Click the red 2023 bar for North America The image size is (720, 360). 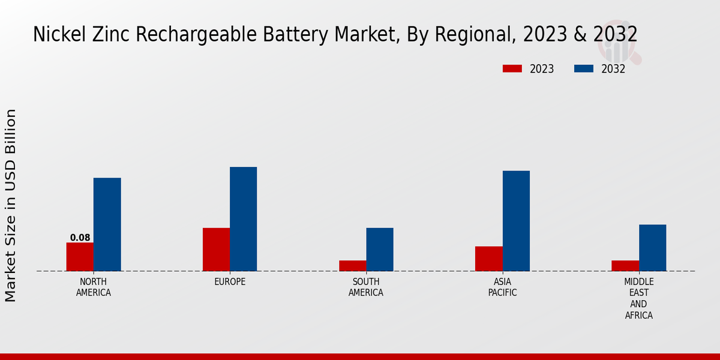pyautogui.click(x=80, y=257)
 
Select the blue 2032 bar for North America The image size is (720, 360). pyautogui.click(x=107, y=224)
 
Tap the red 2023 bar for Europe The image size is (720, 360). pyautogui.click(x=216, y=250)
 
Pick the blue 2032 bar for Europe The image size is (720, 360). pyautogui.click(x=244, y=219)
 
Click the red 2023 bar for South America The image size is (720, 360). pyautogui.click(x=353, y=266)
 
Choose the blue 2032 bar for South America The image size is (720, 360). pyautogui.click(x=380, y=250)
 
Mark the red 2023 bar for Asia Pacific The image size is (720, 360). pyautogui.click(x=489, y=259)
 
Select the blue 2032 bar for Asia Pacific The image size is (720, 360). pyautogui.click(x=516, y=221)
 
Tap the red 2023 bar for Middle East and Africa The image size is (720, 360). pyautogui.click(x=625, y=266)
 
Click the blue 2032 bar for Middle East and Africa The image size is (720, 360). pyautogui.click(x=652, y=248)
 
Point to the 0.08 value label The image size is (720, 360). pyautogui.click(x=80, y=238)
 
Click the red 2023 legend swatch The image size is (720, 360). pyautogui.click(x=512, y=68)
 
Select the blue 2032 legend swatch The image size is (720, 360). pyautogui.click(x=584, y=68)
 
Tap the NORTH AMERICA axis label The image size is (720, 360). pyautogui.click(x=94, y=287)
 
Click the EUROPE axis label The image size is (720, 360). pyautogui.click(x=230, y=281)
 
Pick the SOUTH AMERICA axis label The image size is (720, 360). pyautogui.click(x=366, y=287)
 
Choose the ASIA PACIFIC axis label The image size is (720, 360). pyautogui.click(x=503, y=287)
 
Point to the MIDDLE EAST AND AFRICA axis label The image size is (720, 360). pyautogui.click(x=639, y=298)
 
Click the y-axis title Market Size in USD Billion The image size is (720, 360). pyautogui.click(x=11, y=205)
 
